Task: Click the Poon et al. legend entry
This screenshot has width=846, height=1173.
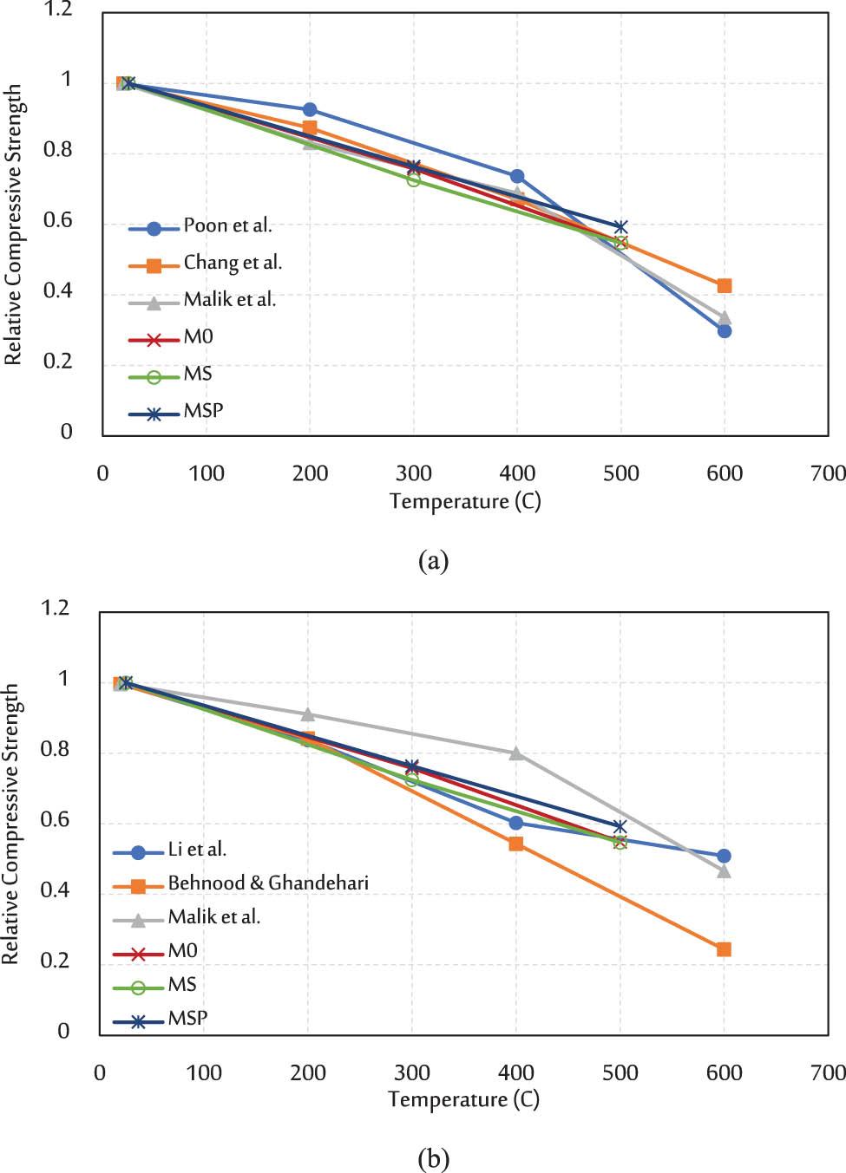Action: tap(227, 226)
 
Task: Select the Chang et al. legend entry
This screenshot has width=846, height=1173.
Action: tap(233, 264)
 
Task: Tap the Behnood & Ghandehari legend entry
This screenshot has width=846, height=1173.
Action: tap(268, 883)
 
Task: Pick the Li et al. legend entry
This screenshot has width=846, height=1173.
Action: tap(197, 850)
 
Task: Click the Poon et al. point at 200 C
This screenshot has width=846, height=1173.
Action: tap(310, 110)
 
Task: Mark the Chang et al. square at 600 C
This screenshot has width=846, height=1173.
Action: tap(725, 286)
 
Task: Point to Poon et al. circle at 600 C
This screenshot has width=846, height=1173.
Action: tap(725, 331)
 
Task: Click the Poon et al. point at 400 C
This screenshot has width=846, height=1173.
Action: tap(517, 177)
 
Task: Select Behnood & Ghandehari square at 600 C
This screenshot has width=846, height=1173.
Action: tap(724, 950)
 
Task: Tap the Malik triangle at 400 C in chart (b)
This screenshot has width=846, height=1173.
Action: tap(516, 753)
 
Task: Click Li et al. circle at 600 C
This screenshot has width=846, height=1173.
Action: tap(724, 857)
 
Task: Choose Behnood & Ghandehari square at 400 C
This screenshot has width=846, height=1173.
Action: tap(516, 844)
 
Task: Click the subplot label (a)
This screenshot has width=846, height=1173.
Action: tap(433, 561)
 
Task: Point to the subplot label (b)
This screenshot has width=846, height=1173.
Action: tap(433, 1158)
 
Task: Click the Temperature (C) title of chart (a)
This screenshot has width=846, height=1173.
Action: tap(465, 502)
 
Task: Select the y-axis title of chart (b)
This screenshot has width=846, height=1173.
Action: tap(10, 824)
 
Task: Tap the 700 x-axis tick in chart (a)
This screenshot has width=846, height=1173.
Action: tap(828, 473)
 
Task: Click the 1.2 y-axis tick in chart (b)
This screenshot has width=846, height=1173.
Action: tap(55, 608)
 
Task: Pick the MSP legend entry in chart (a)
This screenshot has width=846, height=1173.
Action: tap(203, 411)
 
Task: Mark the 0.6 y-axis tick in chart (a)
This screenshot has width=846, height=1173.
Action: tap(58, 221)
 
